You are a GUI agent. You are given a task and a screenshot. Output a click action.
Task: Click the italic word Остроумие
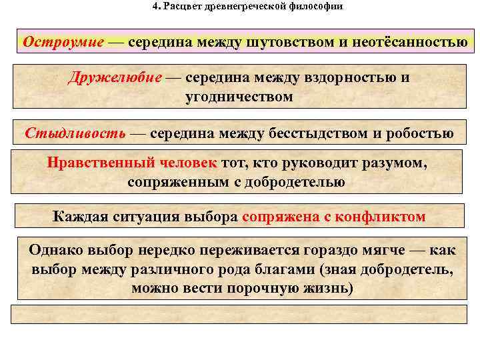pos(63,41)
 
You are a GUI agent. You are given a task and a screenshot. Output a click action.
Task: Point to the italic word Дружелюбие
pos(115,77)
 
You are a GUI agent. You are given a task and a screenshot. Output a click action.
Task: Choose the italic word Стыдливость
pos(75,133)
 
